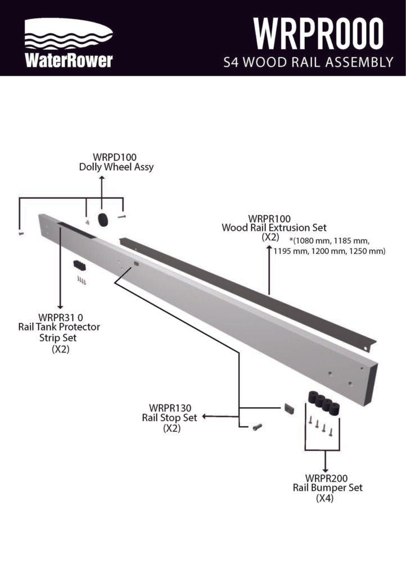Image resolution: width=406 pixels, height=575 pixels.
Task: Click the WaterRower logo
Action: pos(69,43)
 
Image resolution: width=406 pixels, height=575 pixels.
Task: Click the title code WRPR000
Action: pos(318,33)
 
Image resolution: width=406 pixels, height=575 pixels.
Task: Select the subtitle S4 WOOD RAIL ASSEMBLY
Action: pos(308,62)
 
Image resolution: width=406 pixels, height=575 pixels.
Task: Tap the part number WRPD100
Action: pos(115,157)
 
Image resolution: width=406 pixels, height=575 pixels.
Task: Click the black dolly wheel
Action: pos(103,220)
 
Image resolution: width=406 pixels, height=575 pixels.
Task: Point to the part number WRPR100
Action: pos(269,218)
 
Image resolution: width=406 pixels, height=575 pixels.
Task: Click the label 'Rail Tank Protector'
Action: pos(59,327)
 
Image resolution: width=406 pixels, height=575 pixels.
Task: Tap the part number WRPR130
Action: pos(170,408)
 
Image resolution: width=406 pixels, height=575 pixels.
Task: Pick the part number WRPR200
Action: pos(326,478)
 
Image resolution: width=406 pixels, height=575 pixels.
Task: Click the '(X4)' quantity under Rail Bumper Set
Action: pos(325,499)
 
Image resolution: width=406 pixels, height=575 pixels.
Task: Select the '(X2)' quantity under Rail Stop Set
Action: pos(172,428)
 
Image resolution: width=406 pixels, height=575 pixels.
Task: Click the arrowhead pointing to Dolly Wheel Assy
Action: pos(102,178)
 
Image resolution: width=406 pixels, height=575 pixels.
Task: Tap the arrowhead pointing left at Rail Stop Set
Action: pos(205,417)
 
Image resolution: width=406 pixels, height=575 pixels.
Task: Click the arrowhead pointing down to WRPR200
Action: pos(325,470)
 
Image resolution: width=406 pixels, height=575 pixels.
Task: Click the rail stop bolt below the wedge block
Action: pos(257,427)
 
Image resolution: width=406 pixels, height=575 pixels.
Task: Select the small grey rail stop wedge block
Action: pos(289,408)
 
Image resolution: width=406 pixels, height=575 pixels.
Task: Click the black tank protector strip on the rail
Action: pos(76,230)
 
